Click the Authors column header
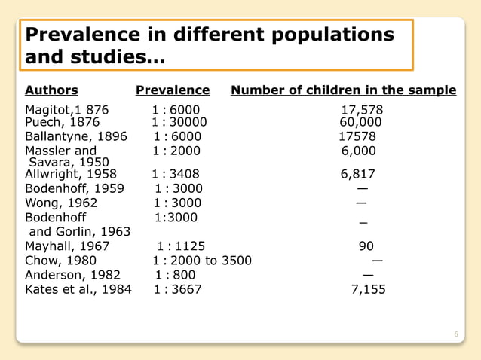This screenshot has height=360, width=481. pos(51,90)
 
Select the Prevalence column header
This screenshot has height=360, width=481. pos(173,90)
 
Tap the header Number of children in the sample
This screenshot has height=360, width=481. pos(344,90)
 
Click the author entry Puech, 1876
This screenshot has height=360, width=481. pos(63,122)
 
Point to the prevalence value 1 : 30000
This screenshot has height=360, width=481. pos(179,122)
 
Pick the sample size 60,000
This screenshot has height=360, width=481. pos(360,122)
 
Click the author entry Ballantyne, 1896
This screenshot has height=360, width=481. pos(76,136)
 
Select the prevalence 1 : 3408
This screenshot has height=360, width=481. pos(176,174)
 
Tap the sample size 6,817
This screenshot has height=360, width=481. pos(358,174)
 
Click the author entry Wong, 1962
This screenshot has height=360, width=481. pos(61,203)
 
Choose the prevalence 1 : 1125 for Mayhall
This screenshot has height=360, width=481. pos(181,246)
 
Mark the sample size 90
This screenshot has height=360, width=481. pos(366,246)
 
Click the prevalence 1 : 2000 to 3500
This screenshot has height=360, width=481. pos(202,261)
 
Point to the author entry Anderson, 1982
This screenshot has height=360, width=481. pos(72,275)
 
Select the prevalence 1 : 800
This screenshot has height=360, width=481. pos(176,275)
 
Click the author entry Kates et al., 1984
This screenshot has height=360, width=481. pos(78,289)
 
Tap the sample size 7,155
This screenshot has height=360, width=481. pos(369,289)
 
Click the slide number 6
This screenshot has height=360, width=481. pos(456,334)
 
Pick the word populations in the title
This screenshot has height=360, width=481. pos(332,35)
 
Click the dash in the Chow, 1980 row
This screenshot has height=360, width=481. pos(377,261)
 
